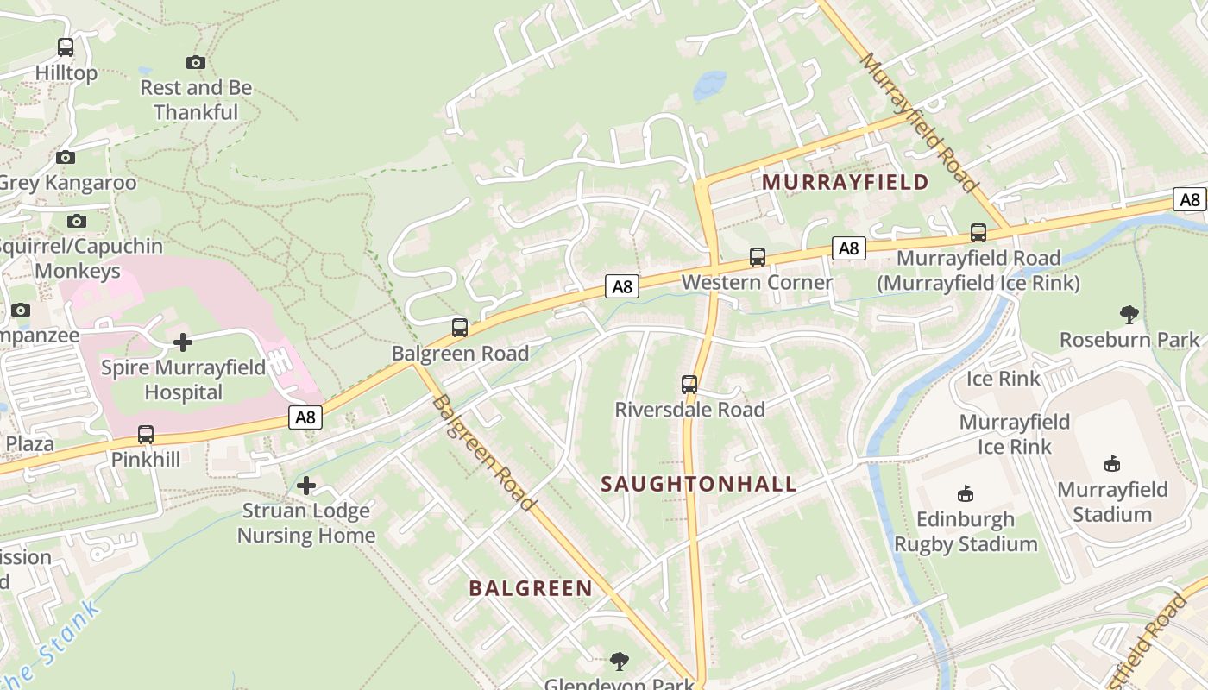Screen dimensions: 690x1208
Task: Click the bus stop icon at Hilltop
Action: (x=66, y=47)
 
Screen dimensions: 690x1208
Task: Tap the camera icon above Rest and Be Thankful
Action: (x=196, y=62)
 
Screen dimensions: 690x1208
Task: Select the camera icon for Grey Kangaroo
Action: (x=66, y=157)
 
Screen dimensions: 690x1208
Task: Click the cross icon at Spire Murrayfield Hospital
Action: (x=183, y=342)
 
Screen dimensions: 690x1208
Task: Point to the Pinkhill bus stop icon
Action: (x=146, y=435)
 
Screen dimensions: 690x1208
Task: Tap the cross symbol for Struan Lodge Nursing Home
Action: (x=306, y=486)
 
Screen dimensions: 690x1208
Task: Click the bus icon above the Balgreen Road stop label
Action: (x=460, y=328)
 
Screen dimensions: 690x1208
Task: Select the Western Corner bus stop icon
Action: (x=757, y=257)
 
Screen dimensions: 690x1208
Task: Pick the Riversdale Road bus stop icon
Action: (x=689, y=384)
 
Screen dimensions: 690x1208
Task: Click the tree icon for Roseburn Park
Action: (x=1129, y=314)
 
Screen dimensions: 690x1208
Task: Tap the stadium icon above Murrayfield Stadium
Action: (x=1112, y=464)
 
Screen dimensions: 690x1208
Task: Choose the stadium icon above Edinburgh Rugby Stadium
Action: (x=966, y=494)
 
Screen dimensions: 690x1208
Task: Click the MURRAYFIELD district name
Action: (x=845, y=183)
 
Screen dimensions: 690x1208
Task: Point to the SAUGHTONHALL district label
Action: (x=698, y=484)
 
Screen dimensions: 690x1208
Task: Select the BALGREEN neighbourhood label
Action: (x=531, y=589)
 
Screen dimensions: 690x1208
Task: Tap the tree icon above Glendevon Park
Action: (x=619, y=662)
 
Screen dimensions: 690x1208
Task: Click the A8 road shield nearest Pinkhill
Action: (x=306, y=418)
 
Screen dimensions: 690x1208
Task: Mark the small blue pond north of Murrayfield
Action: (x=710, y=85)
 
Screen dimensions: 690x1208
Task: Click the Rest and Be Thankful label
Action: (x=196, y=100)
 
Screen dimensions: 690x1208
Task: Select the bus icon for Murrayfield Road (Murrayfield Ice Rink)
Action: (x=978, y=233)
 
